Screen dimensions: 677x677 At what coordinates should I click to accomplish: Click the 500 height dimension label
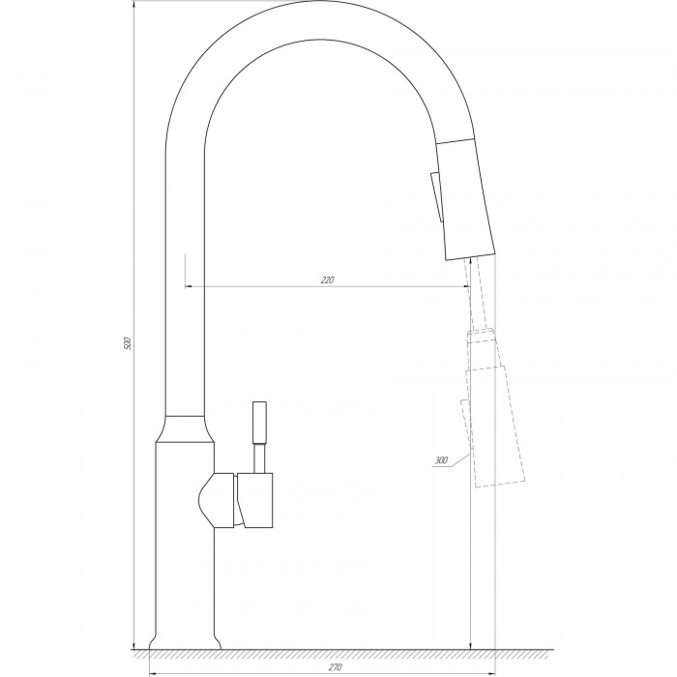pos(127,343)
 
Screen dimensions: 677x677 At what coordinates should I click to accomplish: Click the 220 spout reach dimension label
pos(328,280)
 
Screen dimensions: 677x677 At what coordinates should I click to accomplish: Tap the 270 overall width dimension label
pos(335,667)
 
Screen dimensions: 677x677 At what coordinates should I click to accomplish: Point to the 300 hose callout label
pos(441,460)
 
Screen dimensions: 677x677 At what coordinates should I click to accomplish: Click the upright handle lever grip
pos(259,423)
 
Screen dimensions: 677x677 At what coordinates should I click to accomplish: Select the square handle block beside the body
pos(255,500)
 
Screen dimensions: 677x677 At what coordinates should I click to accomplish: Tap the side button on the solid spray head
pos(435,197)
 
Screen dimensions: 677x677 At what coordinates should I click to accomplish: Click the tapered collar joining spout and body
pos(185,429)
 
